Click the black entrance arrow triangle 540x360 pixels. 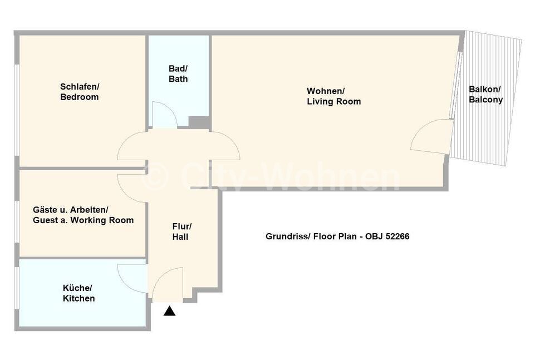click(169, 311)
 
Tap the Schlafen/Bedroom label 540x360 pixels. click(79, 92)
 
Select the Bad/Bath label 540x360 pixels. click(178, 74)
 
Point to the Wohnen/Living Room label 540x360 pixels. click(333, 96)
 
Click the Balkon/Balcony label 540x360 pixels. click(485, 95)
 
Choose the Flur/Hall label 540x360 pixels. click(181, 231)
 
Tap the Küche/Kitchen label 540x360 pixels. click(78, 293)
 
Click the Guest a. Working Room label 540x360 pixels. click(83, 220)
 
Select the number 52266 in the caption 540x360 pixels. click(397, 236)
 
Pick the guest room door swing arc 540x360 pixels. click(125, 193)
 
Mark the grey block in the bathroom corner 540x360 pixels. click(199, 122)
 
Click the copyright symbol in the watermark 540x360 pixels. click(155, 176)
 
